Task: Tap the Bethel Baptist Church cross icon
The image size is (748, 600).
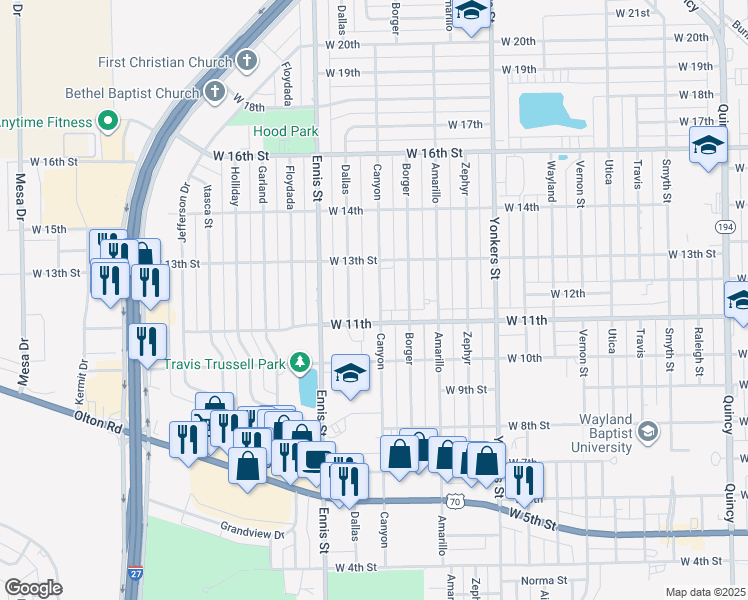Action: (x=213, y=93)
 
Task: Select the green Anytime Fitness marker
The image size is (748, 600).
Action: (x=108, y=123)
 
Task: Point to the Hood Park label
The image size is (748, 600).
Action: (x=285, y=131)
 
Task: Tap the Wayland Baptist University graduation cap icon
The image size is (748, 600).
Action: (x=648, y=431)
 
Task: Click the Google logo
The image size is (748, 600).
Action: (x=34, y=588)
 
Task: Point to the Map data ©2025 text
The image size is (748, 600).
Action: (x=705, y=591)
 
